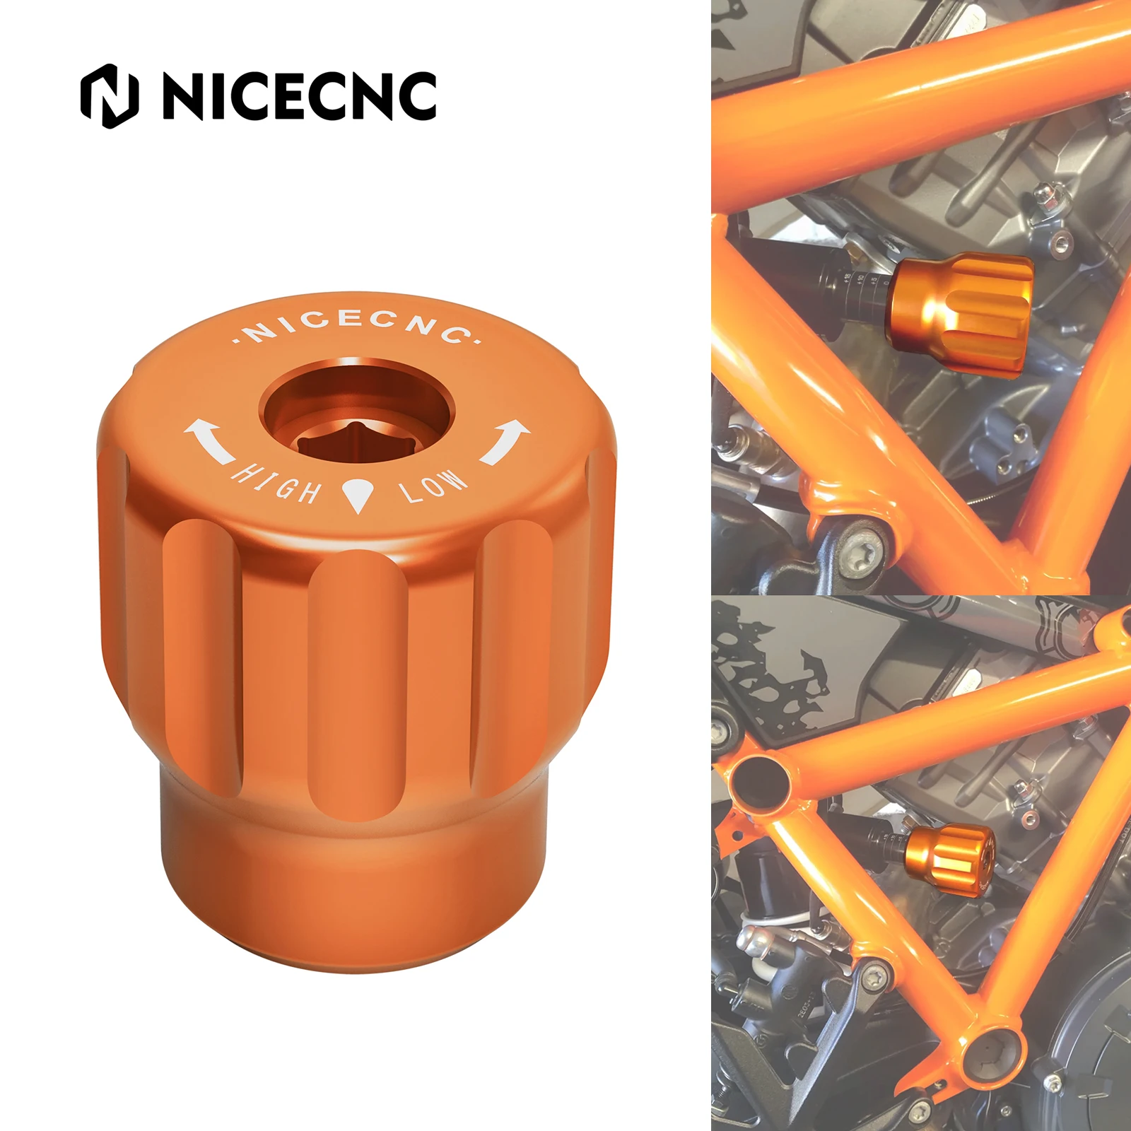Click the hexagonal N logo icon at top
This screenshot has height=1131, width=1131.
(110, 96)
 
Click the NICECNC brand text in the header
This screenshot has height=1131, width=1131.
(299, 96)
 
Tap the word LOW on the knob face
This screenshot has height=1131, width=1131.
(433, 486)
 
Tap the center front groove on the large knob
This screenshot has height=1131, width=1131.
(358, 679)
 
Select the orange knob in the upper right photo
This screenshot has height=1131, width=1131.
(961, 311)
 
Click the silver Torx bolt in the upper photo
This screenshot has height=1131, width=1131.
(860, 551)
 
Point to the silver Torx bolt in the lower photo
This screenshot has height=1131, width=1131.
(876, 975)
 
